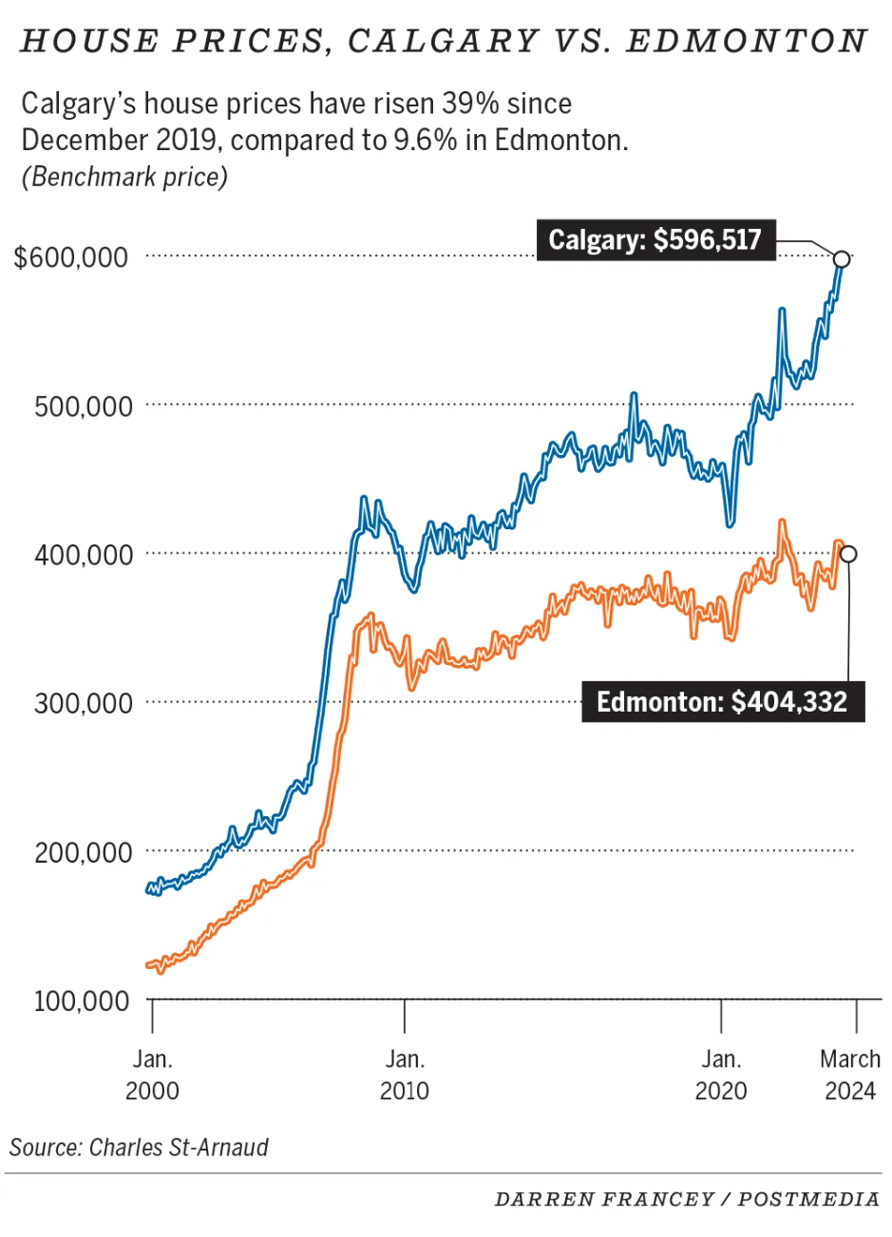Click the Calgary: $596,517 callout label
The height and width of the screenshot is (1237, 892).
point(655,239)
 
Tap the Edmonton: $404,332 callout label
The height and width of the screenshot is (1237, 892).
point(722,702)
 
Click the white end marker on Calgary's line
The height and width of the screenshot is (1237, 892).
point(841,258)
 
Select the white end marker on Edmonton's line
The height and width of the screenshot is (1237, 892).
point(848,554)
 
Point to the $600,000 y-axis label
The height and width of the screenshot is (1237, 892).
point(71,257)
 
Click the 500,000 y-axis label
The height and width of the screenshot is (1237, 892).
point(84,407)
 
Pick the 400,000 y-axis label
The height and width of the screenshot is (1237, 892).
point(84,555)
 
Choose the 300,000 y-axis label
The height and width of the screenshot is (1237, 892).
point(84,704)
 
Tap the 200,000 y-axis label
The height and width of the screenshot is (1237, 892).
point(84,853)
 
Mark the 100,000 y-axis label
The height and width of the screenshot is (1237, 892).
point(84,1001)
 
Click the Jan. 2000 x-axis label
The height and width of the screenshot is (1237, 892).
point(152,1075)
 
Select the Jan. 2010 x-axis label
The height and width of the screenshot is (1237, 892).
point(405,1075)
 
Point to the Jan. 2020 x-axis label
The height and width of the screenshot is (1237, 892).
point(721,1075)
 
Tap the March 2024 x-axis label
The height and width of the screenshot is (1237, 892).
point(850,1075)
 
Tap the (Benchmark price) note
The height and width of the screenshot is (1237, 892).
point(124,177)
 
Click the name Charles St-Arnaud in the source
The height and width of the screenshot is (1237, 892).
point(179,1147)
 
